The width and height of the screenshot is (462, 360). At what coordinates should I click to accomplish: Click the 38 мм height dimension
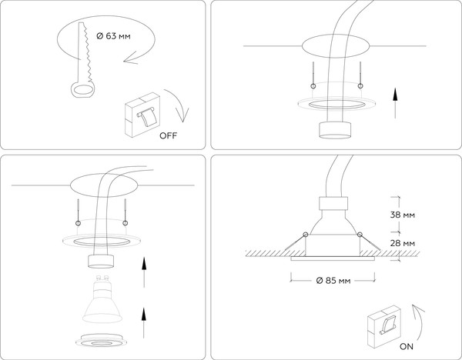(403, 216)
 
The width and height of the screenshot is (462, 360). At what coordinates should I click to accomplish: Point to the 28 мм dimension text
(403, 243)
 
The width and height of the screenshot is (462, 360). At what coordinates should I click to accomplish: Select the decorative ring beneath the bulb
(101, 339)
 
